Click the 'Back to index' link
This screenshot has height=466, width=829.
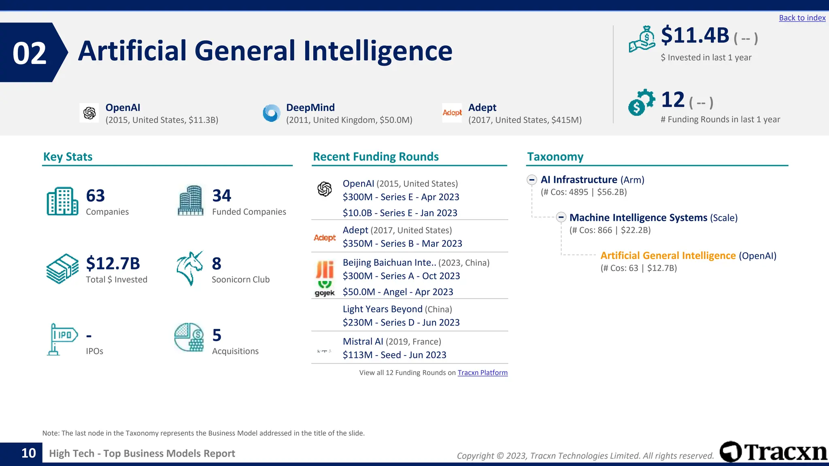802,18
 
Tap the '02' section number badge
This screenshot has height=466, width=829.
30,53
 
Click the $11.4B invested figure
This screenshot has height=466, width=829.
695,36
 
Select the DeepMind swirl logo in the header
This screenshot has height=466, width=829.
271,113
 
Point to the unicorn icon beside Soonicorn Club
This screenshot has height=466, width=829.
189,268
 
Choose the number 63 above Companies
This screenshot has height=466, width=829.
96,196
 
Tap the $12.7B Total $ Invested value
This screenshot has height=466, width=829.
113,263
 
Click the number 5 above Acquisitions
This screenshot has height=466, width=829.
217,335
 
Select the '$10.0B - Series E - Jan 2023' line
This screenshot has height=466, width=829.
400,213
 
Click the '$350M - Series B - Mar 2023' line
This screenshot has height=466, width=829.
402,244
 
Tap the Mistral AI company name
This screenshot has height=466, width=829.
363,341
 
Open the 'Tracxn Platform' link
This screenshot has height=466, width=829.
483,373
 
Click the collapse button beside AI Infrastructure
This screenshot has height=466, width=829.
532,180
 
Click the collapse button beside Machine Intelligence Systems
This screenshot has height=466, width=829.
561,218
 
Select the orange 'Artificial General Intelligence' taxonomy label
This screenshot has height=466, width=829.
668,256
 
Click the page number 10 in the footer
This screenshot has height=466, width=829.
28,453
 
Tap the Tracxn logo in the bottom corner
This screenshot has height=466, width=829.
773,452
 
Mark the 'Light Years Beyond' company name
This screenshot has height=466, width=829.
383,309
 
